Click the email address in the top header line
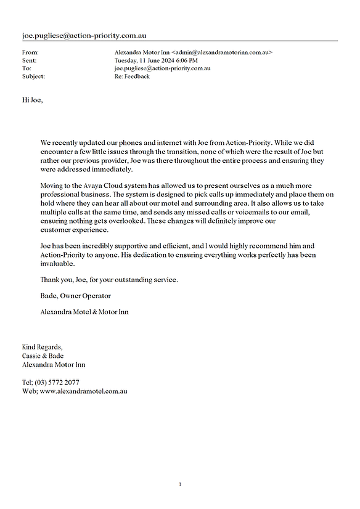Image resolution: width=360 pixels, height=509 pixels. (x=84, y=36)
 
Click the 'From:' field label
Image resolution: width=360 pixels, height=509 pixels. (x=30, y=52)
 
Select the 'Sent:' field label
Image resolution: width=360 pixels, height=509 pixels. (x=29, y=60)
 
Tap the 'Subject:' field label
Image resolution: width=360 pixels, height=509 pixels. (x=33, y=76)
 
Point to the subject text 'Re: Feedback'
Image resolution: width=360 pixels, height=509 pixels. (x=132, y=76)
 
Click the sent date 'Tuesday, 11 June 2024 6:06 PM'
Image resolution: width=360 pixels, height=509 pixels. (x=156, y=60)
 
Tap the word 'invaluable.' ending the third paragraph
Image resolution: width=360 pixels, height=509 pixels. (x=57, y=263)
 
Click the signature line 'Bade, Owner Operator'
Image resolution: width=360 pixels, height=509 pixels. (x=72, y=296)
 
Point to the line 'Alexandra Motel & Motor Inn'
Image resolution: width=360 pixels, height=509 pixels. (x=84, y=312)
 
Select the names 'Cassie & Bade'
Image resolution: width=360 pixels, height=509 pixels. (x=43, y=356)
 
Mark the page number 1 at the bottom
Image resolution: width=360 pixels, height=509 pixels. (x=180, y=484)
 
